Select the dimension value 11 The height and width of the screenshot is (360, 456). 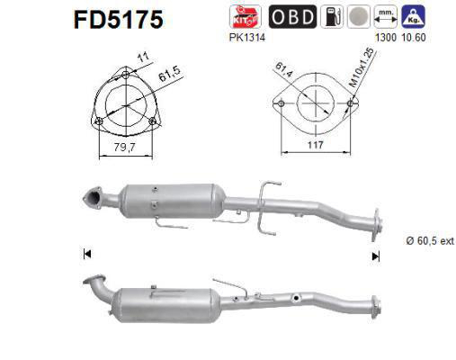pyautogui.click(x=141, y=57)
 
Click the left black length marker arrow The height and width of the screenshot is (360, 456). pyautogui.click(x=86, y=255)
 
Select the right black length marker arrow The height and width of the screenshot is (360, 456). pyautogui.click(x=375, y=255)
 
